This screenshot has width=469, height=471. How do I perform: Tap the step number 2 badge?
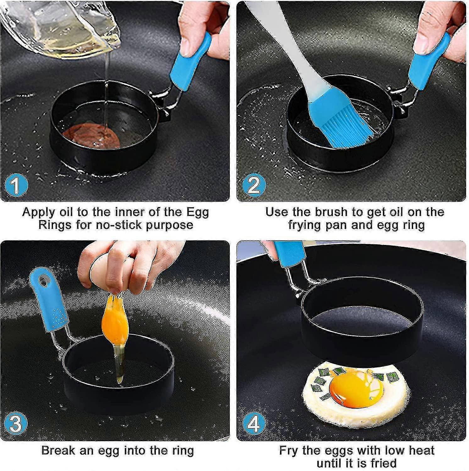(254, 185)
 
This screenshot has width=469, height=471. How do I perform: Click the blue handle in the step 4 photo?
(289, 253)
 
